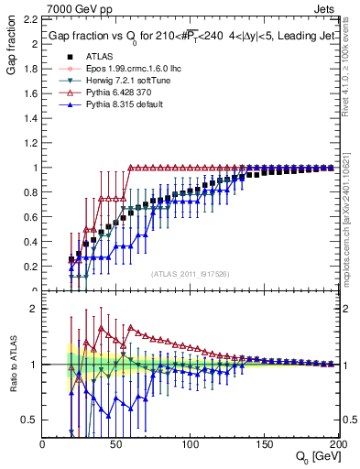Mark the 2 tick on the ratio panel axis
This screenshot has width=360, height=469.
tap(35, 309)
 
